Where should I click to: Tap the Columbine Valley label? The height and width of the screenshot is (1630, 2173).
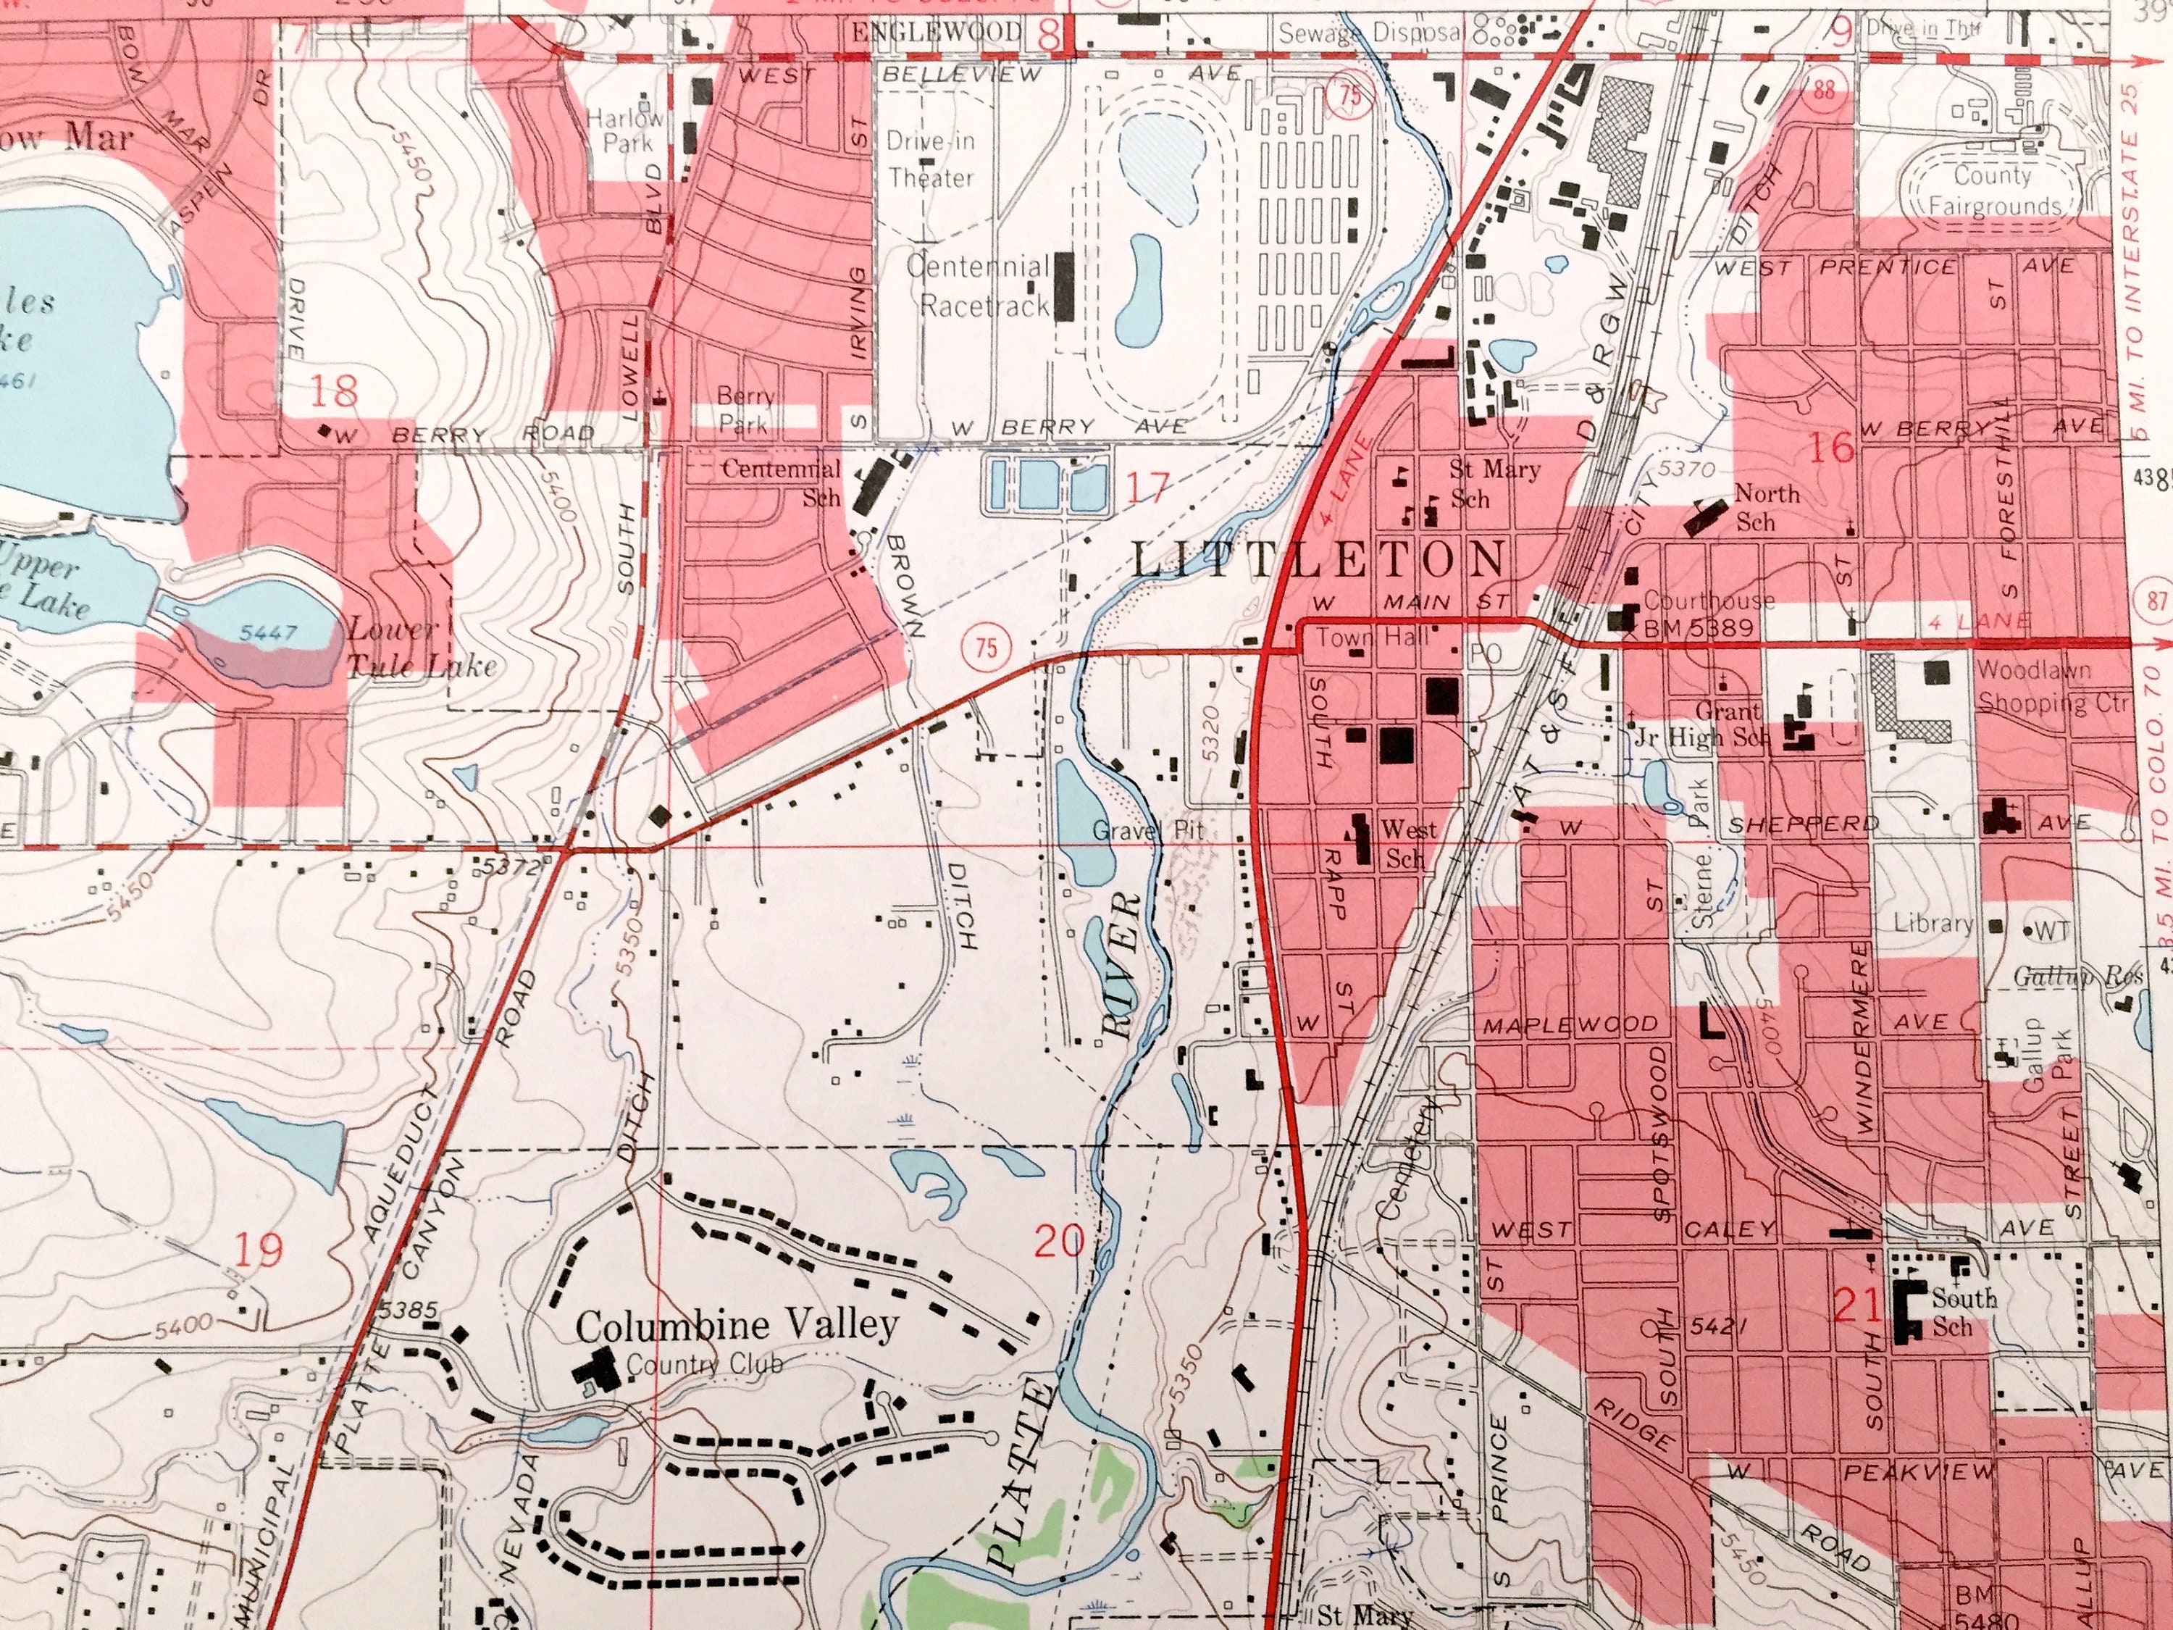[736, 1326]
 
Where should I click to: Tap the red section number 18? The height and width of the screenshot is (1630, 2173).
[334, 392]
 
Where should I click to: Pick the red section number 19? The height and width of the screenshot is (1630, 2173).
[259, 1250]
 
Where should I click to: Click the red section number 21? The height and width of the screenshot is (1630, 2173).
[1856, 1307]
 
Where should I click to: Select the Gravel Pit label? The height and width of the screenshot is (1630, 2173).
[1147, 831]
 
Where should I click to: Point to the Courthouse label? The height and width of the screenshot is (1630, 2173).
[1708, 599]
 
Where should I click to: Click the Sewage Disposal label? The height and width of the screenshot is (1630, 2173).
[1370, 33]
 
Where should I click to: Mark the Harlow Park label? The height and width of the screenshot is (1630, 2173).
[626, 130]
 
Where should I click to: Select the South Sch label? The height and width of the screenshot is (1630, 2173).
[1963, 1312]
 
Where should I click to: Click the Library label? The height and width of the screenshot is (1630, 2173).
[1933, 924]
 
